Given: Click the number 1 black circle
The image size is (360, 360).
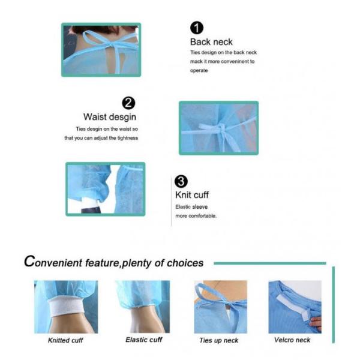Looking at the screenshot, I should [196, 28].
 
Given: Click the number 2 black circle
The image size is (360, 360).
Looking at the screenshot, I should [128, 103].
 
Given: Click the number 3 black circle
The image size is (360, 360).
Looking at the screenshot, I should [181, 181].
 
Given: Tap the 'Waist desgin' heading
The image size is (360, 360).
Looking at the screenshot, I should [110, 117].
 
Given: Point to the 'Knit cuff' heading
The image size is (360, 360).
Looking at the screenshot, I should [192, 195].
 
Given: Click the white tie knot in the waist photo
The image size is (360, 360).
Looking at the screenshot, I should [221, 128].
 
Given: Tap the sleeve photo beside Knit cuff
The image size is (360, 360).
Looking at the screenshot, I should [105, 189].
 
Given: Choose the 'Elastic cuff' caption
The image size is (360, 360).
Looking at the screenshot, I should [143, 340].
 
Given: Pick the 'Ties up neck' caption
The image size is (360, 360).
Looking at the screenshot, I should [218, 341].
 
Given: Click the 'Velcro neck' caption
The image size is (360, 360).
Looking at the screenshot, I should [292, 340].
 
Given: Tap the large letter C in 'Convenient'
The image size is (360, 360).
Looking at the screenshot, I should [30, 262].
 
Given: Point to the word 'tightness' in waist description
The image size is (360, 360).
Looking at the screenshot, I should [125, 138].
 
